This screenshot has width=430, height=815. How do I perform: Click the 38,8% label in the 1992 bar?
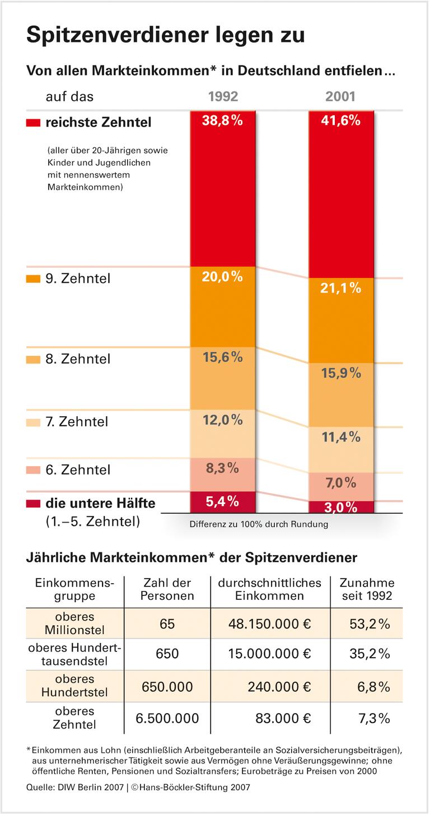coord(223,120)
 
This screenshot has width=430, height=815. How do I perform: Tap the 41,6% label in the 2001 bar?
coord(341,120)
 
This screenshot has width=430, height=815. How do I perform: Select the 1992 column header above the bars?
coord(223,96)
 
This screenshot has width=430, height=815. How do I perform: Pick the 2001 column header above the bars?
coord(340,96)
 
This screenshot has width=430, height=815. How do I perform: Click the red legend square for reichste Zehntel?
coord(33,122)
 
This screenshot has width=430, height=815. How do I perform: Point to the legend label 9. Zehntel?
coord(78,278)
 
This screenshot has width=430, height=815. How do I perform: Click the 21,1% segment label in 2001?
coord(341,288)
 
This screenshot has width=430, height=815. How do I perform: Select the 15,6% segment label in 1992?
coord(223,357)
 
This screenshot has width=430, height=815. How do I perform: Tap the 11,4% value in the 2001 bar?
coord(341,437)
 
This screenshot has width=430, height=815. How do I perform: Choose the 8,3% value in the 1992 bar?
coord(223,468)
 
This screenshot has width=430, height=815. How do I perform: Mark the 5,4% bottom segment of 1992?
coord(223,502)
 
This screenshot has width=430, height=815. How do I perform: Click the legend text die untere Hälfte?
coord(100,504)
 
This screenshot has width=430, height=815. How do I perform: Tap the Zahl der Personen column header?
coord(167,589)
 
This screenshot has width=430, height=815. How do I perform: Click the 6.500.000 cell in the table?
coord(167,718)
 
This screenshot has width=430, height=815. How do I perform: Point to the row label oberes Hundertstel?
coord(74,686)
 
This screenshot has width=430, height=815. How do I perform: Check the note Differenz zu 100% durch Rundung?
coord(259,525)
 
